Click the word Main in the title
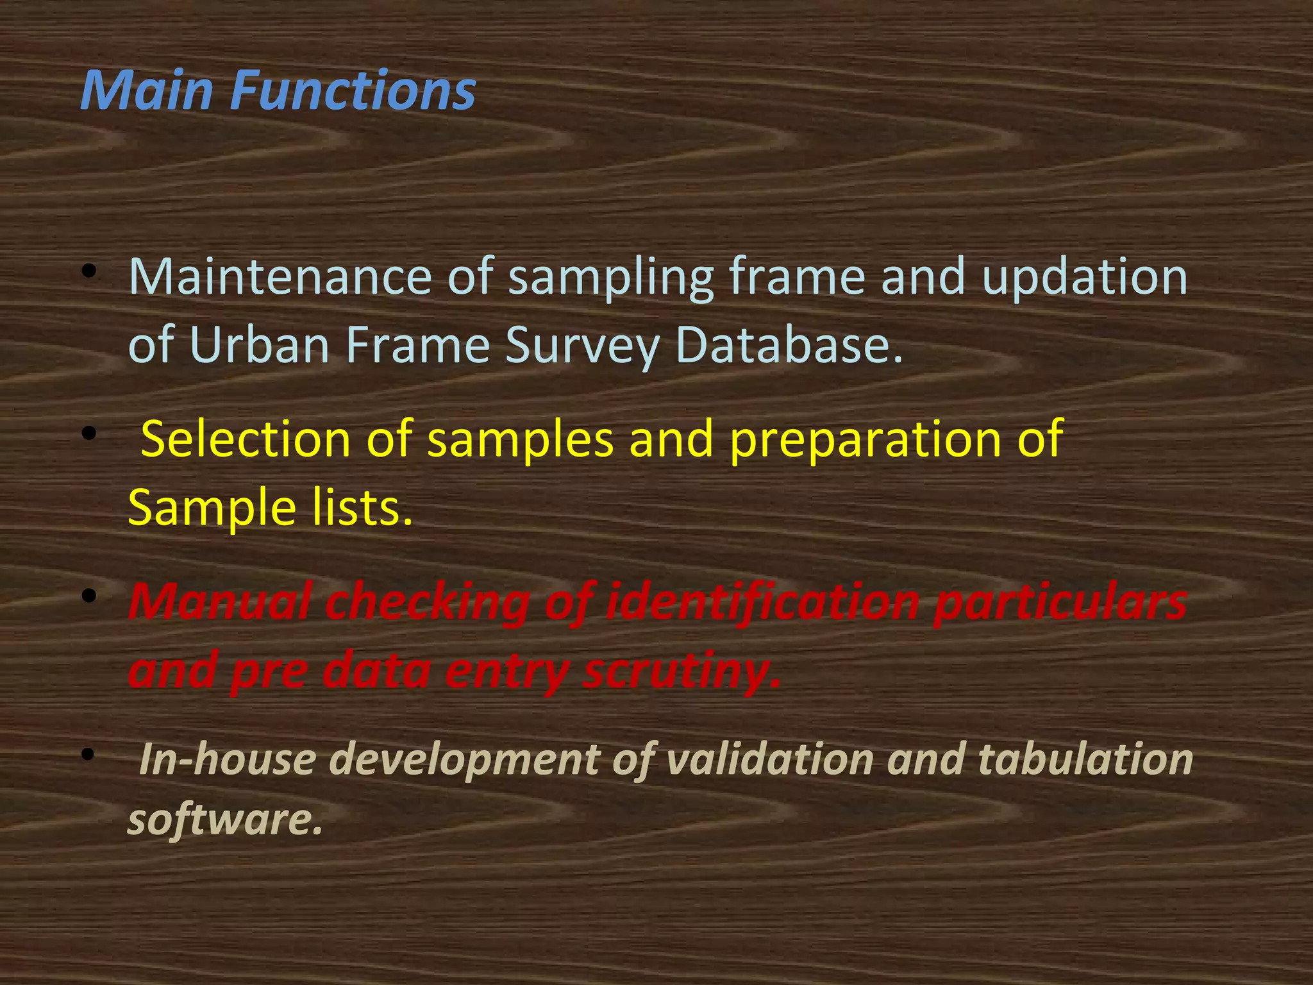[x=146, y=90]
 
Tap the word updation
[x=1085, y=278]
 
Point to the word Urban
[x=260, y=345]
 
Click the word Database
[x=789, y=345]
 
